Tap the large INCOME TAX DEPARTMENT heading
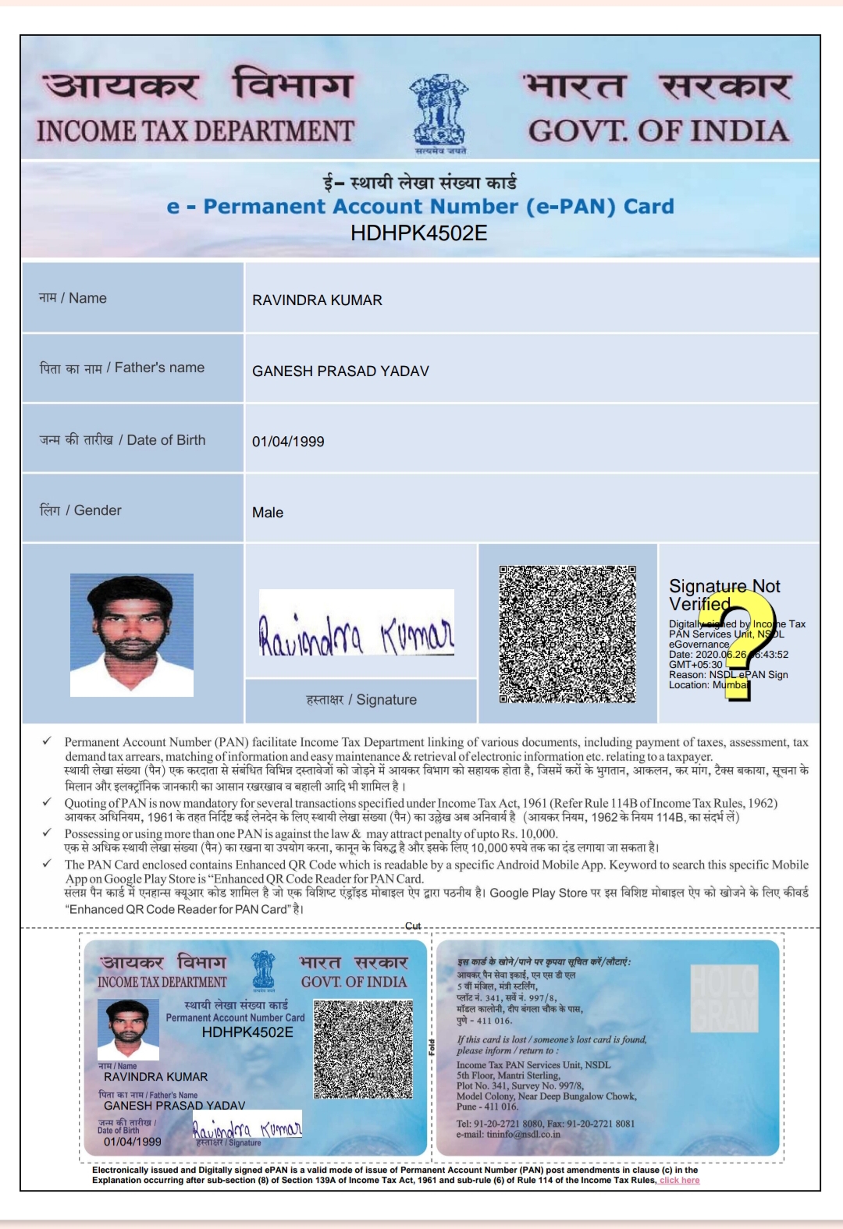pos(195,131)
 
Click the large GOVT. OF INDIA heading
pos(658,131)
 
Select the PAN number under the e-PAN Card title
pos(419,233)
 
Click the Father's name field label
pos(123,368)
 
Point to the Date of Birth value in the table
pos(288,442)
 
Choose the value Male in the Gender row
pos(268,513)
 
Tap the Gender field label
pos(80,510)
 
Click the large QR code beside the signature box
pos(567,634)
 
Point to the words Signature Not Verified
pos(724,595)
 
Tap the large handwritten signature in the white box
pos(356,634)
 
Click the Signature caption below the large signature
pos(361,700)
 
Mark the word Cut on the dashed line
pos(413,926)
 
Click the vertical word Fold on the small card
pos(432,1047)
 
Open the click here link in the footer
pos(679,1181)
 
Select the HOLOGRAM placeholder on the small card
pos(724,998)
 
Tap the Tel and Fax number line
pos(545,1124)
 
